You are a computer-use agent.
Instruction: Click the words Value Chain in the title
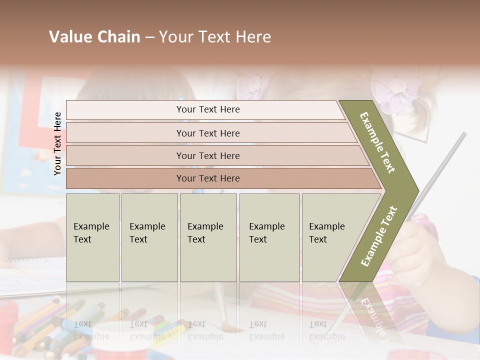pyautogui.click(x=94, y=37)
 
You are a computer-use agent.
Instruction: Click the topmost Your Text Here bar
pyautogui.click(x=208, y=109)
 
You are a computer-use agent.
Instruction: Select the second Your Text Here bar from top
pyautogui.click(x=208, y=133)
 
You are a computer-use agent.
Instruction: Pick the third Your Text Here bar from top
pyautogui.click(x=208, y=155)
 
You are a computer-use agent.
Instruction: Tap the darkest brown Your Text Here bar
pyautogui.click(x=208, y=178)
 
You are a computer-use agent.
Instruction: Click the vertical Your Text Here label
pyautogui.click(x=57, y=143)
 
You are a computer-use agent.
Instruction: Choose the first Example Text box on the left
pyautogui.click(x=92, y=237)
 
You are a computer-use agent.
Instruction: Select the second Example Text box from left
pyautogui.click(x=149, y=237)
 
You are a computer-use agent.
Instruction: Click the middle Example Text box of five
pyautogui.click(x=208, y=237)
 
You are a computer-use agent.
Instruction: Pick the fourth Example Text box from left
pyautogui.click(x=269, y=237)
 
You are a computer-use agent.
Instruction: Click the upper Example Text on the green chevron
pyautogui.click(x=377, y=142)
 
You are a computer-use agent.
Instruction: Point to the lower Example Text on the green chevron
pyautogui.click(x=379, y=236)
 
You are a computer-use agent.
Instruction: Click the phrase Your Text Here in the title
pyautogui.click(x=215, y=37)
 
